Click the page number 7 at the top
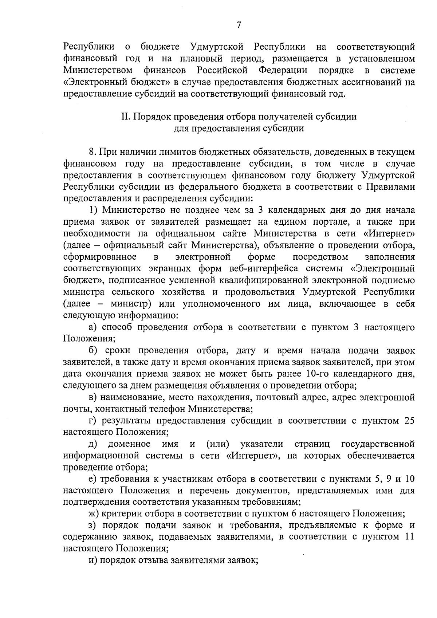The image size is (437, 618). [x=239, y=25]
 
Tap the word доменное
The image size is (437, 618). [x=129, y=444]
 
